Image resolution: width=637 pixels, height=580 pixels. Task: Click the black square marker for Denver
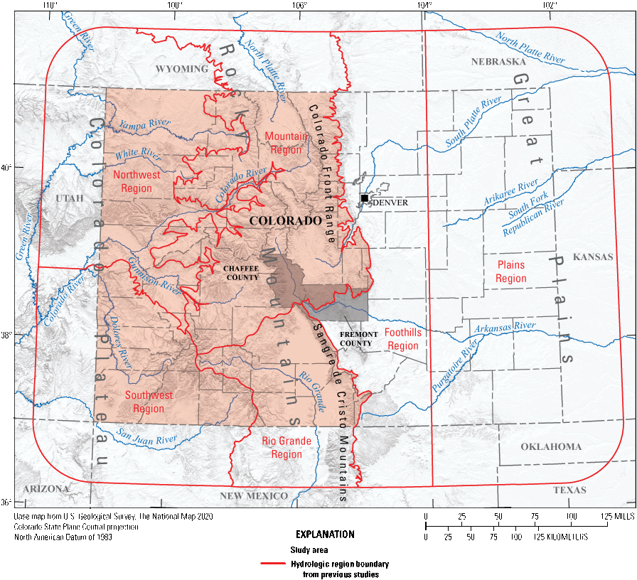click(x=364, y=198)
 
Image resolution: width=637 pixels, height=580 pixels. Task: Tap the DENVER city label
click(x=390, y=203)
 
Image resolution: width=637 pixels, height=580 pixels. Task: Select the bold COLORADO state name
click(x=285, y=221)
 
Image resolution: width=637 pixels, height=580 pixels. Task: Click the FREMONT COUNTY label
click(x=356, y=338)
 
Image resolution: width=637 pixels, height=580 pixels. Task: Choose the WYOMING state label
click(x=183, y=69)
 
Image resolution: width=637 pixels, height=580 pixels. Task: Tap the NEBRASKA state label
click(x=498, y=62)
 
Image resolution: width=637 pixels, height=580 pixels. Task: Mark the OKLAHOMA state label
click(x=551, y=447)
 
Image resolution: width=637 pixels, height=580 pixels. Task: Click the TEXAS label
click(x=570, y=490)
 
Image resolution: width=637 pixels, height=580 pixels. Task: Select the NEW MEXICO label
click(x=254, y=495)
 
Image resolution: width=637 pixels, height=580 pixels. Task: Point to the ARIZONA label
click(x=45, y=489)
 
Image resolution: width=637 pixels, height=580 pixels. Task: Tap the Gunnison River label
click(x=155, y=276)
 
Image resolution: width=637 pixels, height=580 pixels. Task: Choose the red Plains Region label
click(x=511, y=272)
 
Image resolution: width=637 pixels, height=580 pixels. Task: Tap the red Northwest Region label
click(x=136, y=181)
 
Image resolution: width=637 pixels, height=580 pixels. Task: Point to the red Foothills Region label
click(x=403, y=339)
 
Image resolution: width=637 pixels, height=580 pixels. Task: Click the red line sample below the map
click(x=273, y=563)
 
